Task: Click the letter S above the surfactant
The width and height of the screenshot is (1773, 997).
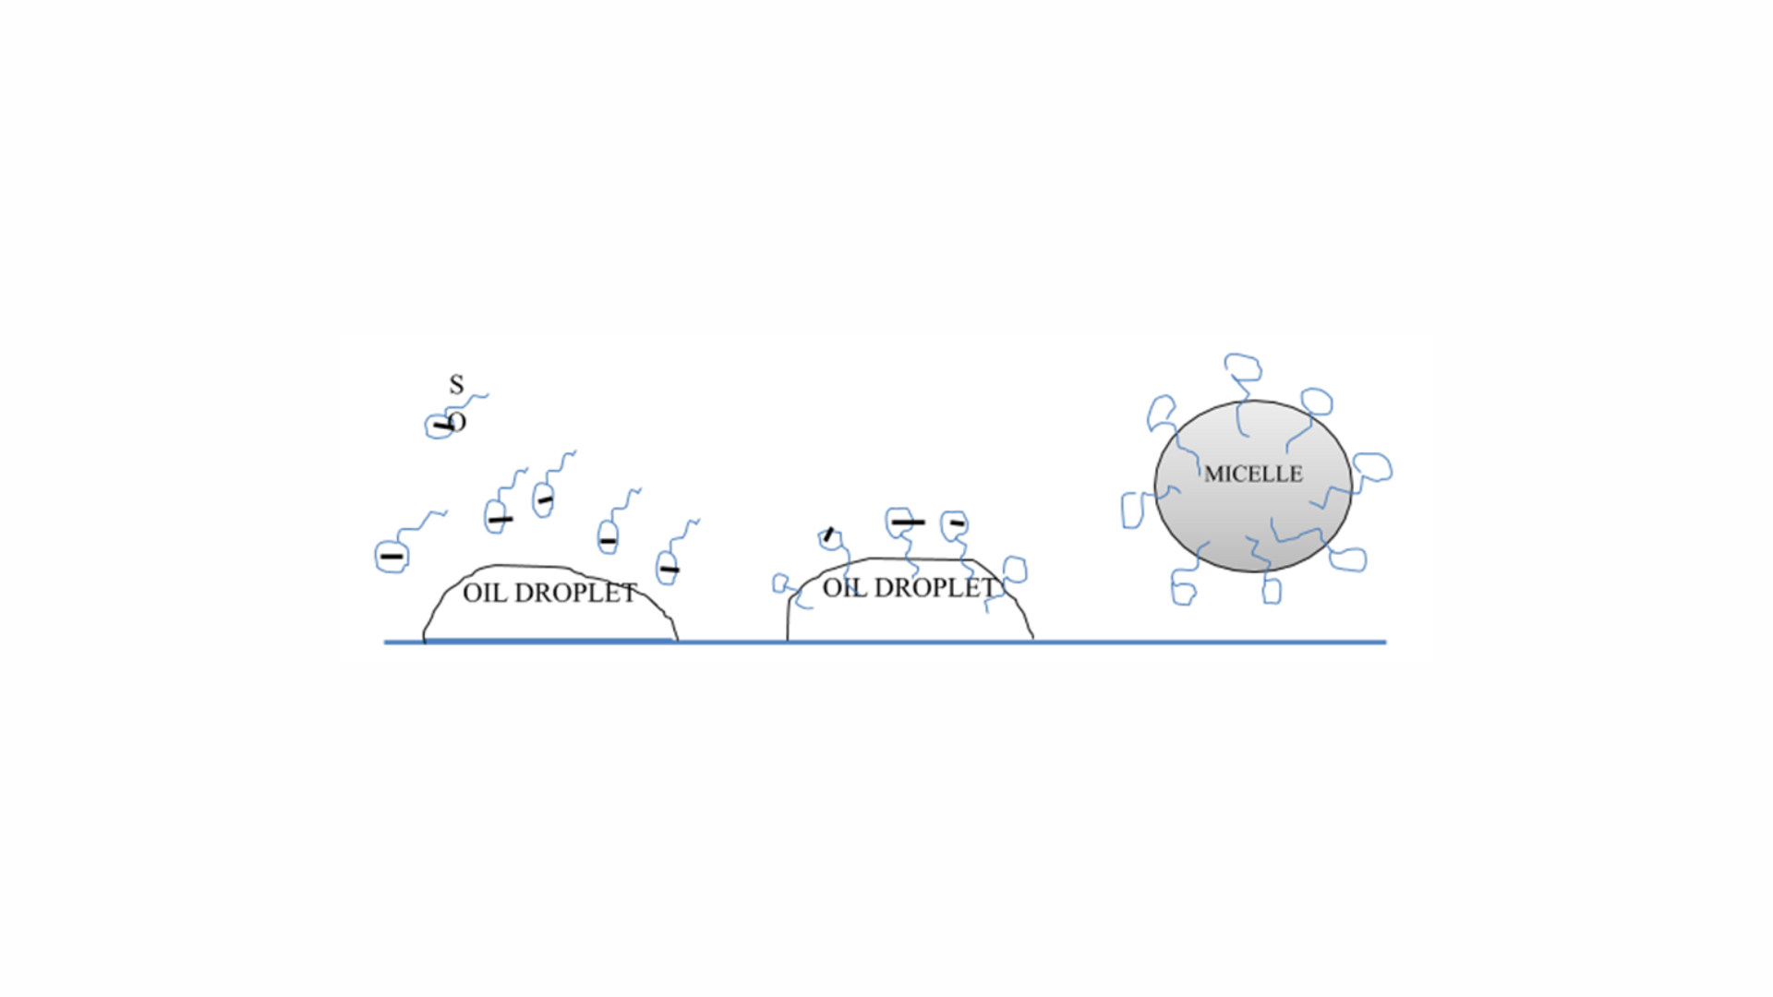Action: click(456, 384)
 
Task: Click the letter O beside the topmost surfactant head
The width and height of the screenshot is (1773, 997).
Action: click(457, 422)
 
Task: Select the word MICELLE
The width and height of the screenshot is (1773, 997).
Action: click(1253, 474)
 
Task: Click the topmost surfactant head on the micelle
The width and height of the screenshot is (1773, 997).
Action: click(1243, 366)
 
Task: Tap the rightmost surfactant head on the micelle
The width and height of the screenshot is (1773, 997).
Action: click(1373, 467)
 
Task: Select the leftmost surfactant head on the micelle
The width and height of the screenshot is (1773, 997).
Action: click(1132, 511)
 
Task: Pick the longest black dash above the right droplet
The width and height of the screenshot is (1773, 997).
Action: click(908, 523)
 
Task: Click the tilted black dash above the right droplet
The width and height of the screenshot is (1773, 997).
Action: click(828, 534)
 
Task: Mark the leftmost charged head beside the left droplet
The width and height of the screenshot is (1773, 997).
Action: click(392, 557)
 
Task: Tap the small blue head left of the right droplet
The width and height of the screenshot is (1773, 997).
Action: click(781, 583)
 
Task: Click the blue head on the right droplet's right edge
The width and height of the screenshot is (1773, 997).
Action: click(1015, 569)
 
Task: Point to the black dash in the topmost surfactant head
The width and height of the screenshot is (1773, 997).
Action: click(442, 426)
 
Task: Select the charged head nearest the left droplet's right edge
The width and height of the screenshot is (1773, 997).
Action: click(667, 568)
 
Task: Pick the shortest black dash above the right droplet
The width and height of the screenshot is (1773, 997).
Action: click(958, 523)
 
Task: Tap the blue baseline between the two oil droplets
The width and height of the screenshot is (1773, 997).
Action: click(732, 642)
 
